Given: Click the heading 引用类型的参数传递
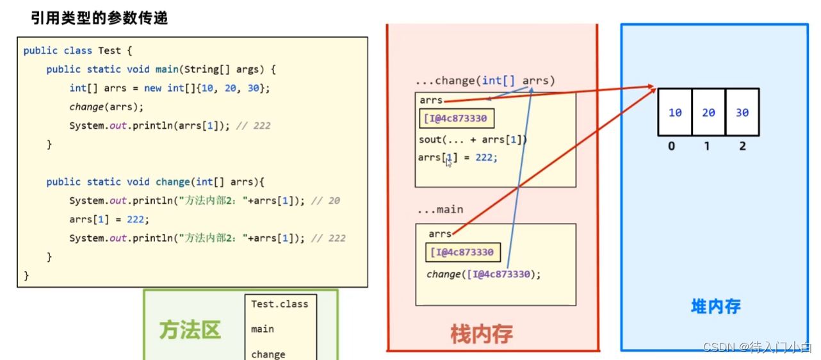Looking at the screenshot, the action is pyautogui.click(x=99, y=18).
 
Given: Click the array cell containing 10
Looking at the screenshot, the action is pyautogui.click(x=675, y=113).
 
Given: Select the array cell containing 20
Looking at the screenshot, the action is pyautogui.click(x=708, y=113).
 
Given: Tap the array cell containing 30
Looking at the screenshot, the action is pyautogui.click(x=742, y=113).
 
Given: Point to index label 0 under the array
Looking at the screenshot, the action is pyautogui.click(x=671, y=146).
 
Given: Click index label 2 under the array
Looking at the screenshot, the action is pyautogui.click(x=742, y=146).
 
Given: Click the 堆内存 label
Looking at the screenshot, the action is pyautogui.click(x=715, y=306).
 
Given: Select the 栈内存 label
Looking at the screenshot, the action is pyautogui.click(x=482, y=333).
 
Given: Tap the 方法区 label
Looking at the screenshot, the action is pyautogui.click(x=190, y=330).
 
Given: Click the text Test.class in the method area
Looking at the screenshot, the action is pyautogui.click(x=279, y=304).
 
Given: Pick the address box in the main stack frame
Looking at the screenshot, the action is pyautogui.click(x=462, y=252).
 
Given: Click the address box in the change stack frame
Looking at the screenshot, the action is pyautogui.click(x=457, y=119).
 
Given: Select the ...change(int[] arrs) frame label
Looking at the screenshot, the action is pyautogui.click(x=485, y=81).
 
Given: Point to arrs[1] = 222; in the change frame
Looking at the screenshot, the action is pyautogui.click(x=457, y=157).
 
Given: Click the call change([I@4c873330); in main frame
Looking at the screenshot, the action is pyautogui.click(x=484, y=274).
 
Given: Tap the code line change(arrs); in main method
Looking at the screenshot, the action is pyautogui.click(x=106, y=107).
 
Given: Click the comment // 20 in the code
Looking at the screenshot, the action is pyautogui.click(x=325, y=201).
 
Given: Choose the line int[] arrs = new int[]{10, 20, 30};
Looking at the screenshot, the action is pyautogui.click(x=170, y=88).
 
